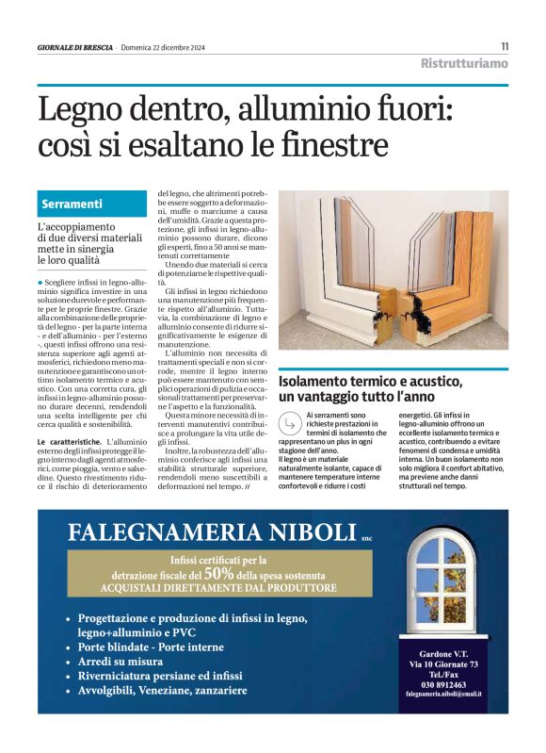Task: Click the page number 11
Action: (504, 46)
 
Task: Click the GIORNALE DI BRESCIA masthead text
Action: (74, 47)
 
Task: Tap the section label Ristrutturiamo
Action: (464, 64)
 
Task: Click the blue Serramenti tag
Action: (72, 204)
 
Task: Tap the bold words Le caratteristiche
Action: (70, 441)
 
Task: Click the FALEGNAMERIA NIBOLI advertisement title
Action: (211, 532)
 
